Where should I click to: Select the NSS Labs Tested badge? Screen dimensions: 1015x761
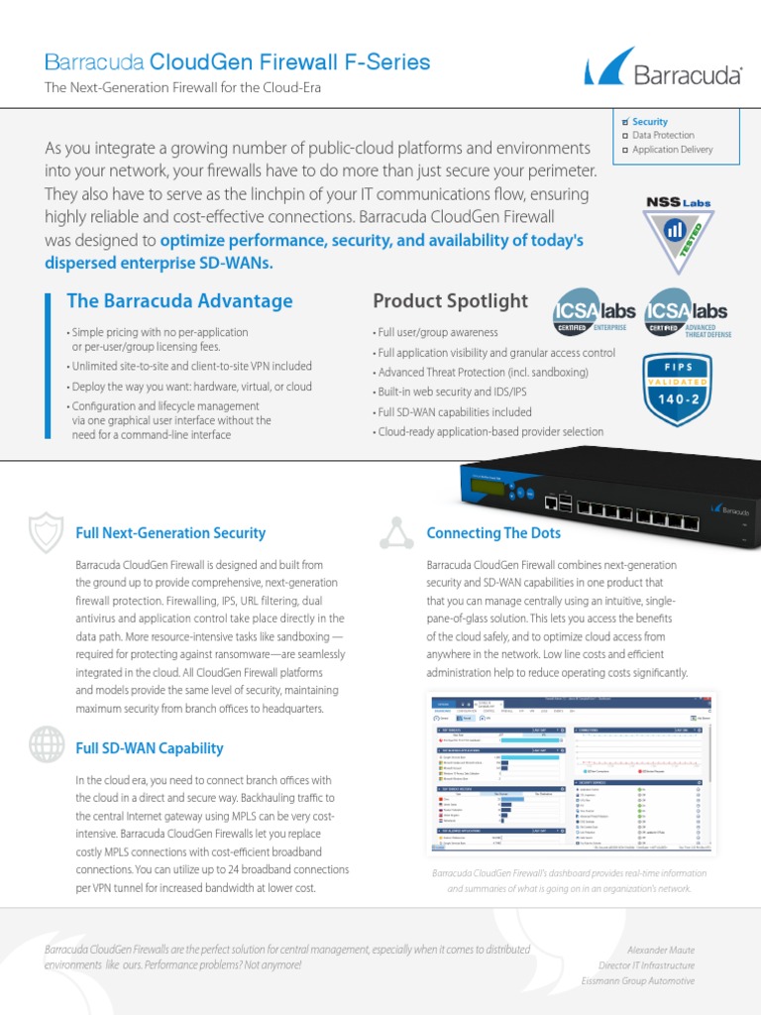coord(679,233)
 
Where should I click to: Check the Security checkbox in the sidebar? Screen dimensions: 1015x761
coord(626,121)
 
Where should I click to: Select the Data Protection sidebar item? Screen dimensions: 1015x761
coord(663,135)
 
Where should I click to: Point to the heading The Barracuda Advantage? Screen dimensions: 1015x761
coord(179,300)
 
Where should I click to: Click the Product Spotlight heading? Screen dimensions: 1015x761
coord(450,300)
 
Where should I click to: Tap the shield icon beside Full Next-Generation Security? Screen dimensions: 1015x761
coord(46,533)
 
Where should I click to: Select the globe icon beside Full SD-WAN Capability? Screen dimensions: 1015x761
coord(46,743)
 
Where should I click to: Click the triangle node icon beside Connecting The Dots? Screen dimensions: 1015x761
coord(397,532)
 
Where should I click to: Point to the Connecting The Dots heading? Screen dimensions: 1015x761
coord(493,533)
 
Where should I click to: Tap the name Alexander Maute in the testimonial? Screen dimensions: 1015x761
coord(661,950)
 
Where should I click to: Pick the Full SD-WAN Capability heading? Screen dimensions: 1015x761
coord(150,748)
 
